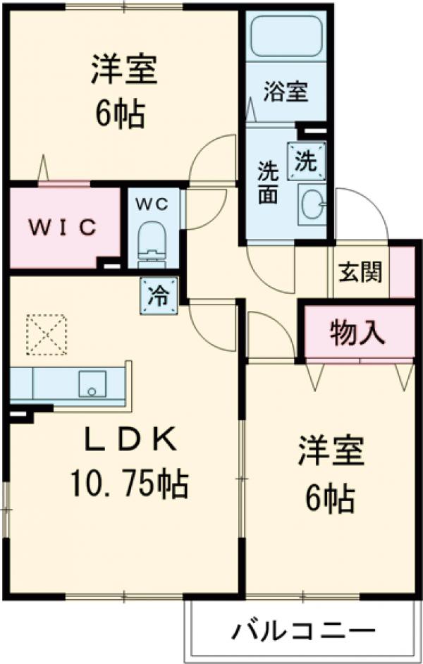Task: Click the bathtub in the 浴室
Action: coord(287,35)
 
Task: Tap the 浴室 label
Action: coord(286,91)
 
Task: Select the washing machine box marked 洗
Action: coord(307,161)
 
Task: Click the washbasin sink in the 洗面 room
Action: coord(312,204)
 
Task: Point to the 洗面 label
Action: coord(269,183)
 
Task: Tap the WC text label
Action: coord(152,204)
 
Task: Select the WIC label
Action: coord(62,228)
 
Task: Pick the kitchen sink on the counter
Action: coord(92,383)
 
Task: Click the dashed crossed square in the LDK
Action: coord(47,335)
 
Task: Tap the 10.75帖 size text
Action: coord(129,484)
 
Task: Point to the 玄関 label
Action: coord(360,272)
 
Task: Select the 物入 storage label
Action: coord(357,333)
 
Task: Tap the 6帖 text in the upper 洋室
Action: coord(121,114)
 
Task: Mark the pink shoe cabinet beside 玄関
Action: coord(402,272)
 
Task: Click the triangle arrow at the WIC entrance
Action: coord(43,168)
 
